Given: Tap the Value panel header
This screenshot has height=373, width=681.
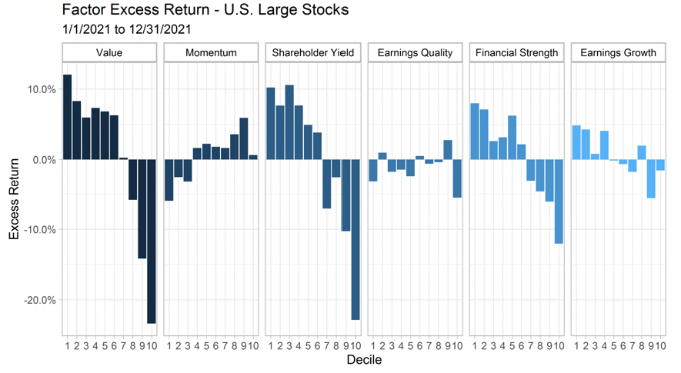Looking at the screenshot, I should point(109,53).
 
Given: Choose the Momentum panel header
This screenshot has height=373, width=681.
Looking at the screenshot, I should point(211,53).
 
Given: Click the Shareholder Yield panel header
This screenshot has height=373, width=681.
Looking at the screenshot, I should point(313,53).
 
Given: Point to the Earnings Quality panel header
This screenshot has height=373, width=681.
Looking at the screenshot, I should point(415,53).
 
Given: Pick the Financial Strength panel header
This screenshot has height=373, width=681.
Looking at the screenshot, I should point(516,53).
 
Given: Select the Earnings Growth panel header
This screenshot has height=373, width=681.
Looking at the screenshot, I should point(619,53).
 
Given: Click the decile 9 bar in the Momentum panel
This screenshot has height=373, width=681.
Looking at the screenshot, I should point(244,138).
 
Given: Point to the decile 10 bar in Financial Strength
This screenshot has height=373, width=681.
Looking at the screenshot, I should point(559,201).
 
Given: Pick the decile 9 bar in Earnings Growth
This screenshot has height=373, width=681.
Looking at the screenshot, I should point(651,178).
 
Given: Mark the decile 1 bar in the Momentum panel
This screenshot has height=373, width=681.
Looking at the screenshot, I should point(169,179).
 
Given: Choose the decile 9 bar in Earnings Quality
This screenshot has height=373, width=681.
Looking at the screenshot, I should point(448,149).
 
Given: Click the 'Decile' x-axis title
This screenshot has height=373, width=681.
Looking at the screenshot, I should point(364,360).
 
